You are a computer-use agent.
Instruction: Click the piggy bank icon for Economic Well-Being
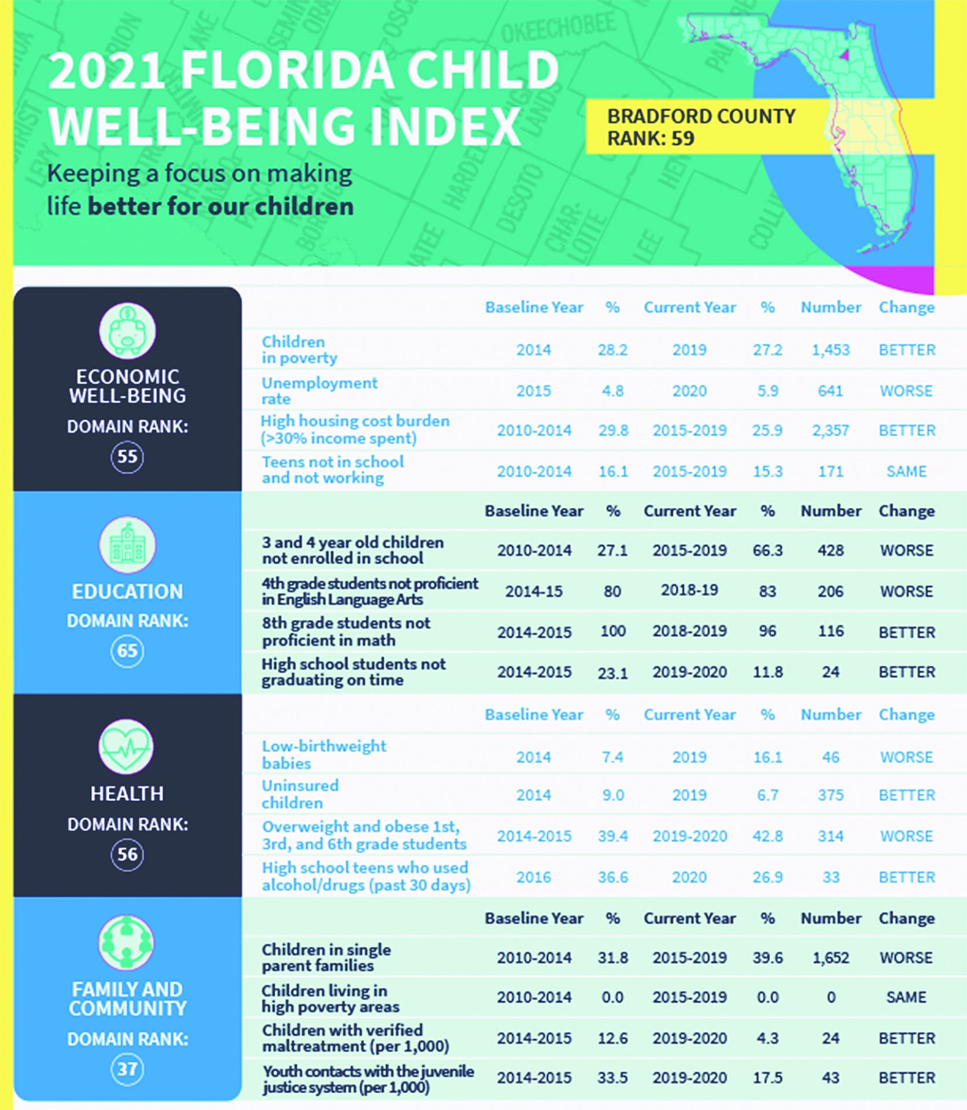click(x=127, y=331)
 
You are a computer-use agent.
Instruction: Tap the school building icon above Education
click(x=127, y=545)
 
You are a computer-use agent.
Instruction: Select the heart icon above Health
click(x=127, y=747)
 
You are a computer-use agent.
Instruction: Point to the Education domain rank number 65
click(x=127, y=651)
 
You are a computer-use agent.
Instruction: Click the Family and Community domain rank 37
click(x=127, y=1069)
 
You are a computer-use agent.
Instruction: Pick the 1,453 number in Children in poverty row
click(x=831, y=350)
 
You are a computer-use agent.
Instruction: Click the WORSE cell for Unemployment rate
click(x=906, y=391)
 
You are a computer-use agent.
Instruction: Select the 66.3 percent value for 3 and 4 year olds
click(x=767, y=550)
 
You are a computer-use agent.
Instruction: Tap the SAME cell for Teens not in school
click(x=906, y=471)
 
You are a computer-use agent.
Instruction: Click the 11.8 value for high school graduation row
click(x=767, y=672)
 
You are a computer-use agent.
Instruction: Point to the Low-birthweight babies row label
click(x=324, y=754)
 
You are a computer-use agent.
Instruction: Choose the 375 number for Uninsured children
click(x=831, y=795)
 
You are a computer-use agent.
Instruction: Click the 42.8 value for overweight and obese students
click(x=767, y=836)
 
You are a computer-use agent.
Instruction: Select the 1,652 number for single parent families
click(x=831, y=957)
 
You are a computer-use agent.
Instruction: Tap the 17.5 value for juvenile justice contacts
click(x=767, y=1078)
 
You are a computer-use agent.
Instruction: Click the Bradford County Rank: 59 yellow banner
click(x=701, y=127)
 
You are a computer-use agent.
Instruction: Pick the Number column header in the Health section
click(x=831, y=715)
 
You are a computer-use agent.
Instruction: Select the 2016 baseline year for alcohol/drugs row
click(x=533, y=877)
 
